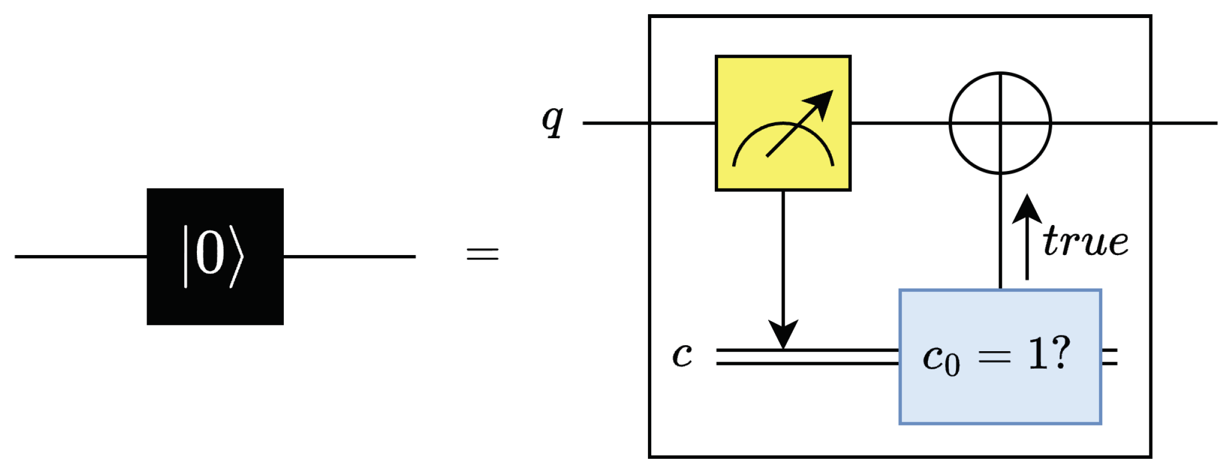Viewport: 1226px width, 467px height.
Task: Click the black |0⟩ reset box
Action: pos(215,256)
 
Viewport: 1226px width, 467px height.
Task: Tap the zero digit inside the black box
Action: pos(210,255)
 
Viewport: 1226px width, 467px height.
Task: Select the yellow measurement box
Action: pos(783,123)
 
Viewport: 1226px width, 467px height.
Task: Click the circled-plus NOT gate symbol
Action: pos(1000,123)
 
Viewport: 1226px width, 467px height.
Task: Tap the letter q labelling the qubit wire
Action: pos(552,121)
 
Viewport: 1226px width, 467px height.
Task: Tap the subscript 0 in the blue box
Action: pos(952,365)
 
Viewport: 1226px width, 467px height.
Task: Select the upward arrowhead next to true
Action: pos(1026,209)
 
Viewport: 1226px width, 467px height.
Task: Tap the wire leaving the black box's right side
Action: pos(349,256)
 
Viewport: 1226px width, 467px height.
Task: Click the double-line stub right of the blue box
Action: pos(1110,357)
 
